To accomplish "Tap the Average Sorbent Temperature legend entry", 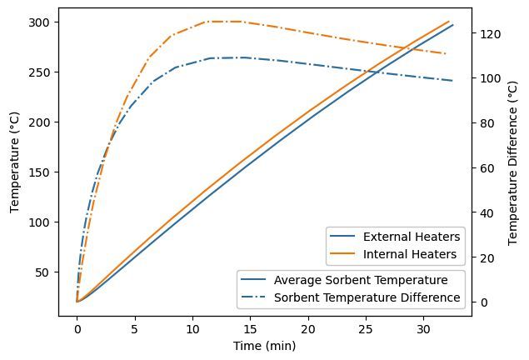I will point(361,280).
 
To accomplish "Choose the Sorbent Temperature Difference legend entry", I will point(367,297).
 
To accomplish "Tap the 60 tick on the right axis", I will point(487,168).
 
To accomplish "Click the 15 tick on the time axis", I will point(250,329).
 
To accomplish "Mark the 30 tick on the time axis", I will point(423,329).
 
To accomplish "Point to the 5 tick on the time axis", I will point(135,329).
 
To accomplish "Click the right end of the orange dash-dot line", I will point(447,54).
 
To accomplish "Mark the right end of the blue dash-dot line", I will point(452,81).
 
